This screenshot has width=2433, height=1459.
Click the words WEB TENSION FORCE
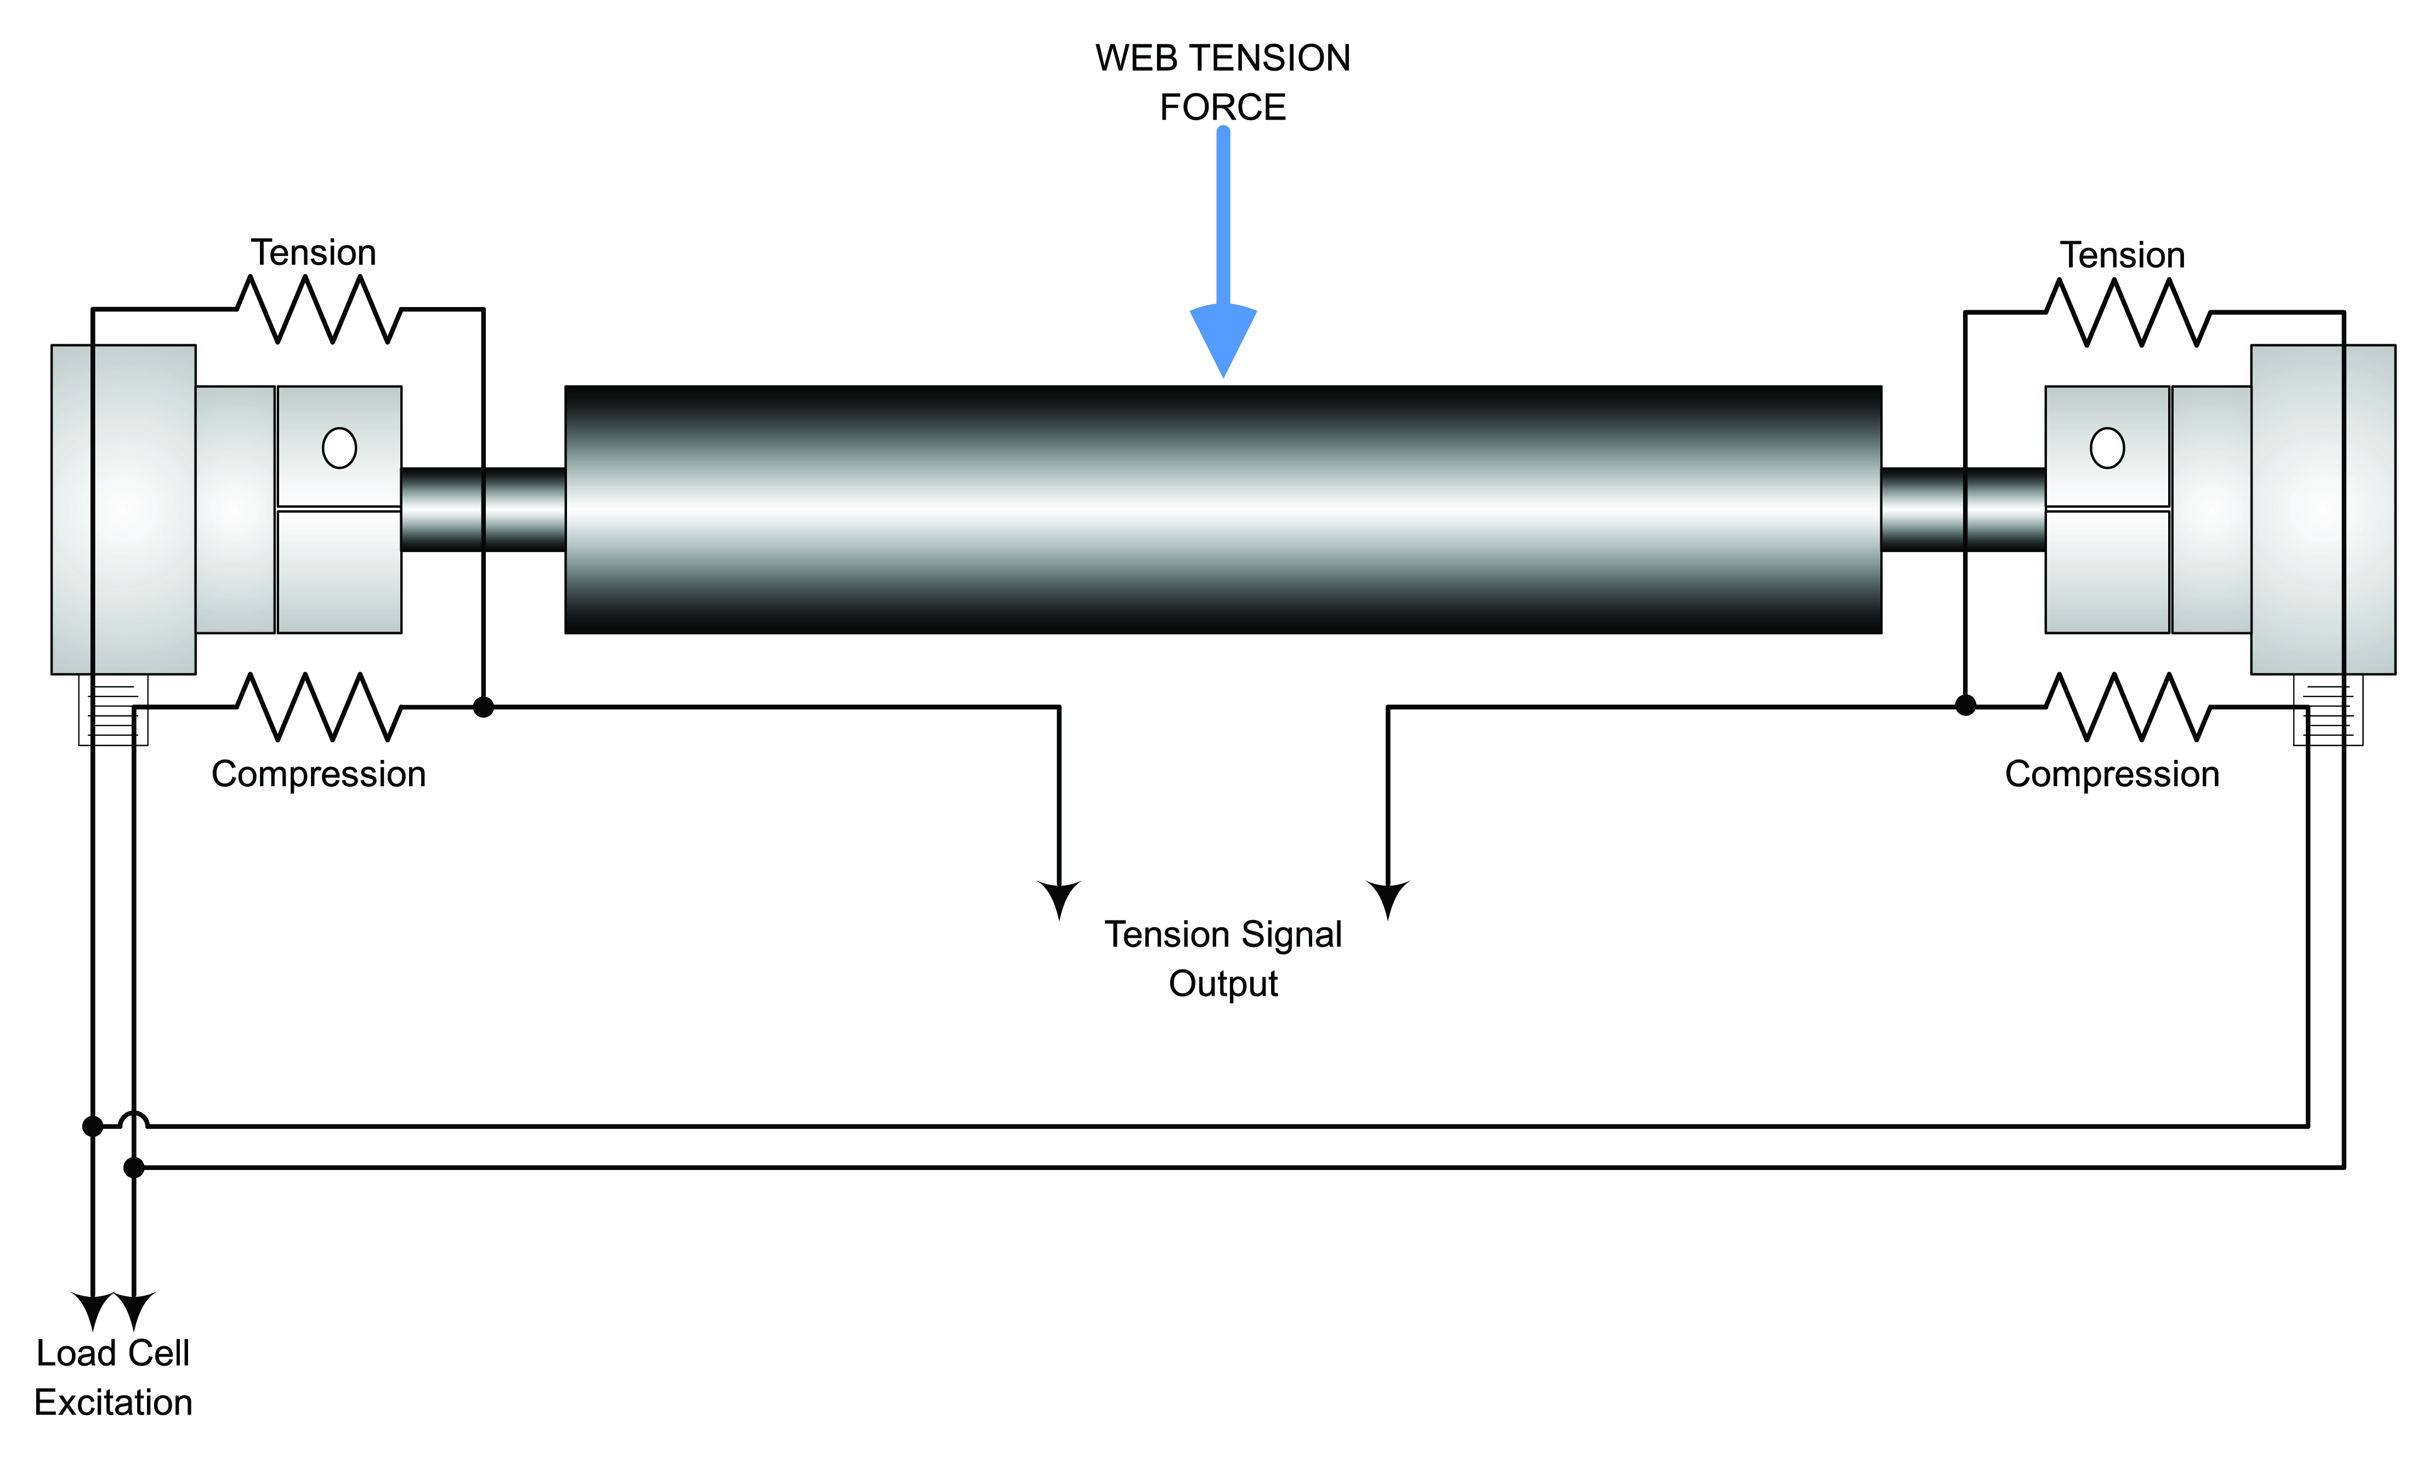pos(1223,83)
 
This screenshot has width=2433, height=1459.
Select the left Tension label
pos(314,253)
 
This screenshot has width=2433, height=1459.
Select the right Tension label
pos(2122,254)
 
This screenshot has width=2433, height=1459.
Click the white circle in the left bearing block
pos(339,449)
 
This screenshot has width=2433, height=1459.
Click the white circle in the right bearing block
pos(2107,449)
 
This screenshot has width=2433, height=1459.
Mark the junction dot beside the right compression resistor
pos(1965,705)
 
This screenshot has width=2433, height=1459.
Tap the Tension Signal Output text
pos(1223,958)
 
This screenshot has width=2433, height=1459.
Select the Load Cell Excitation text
pos(113,1377)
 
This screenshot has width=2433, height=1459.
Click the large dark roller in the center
pos(1223,509)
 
